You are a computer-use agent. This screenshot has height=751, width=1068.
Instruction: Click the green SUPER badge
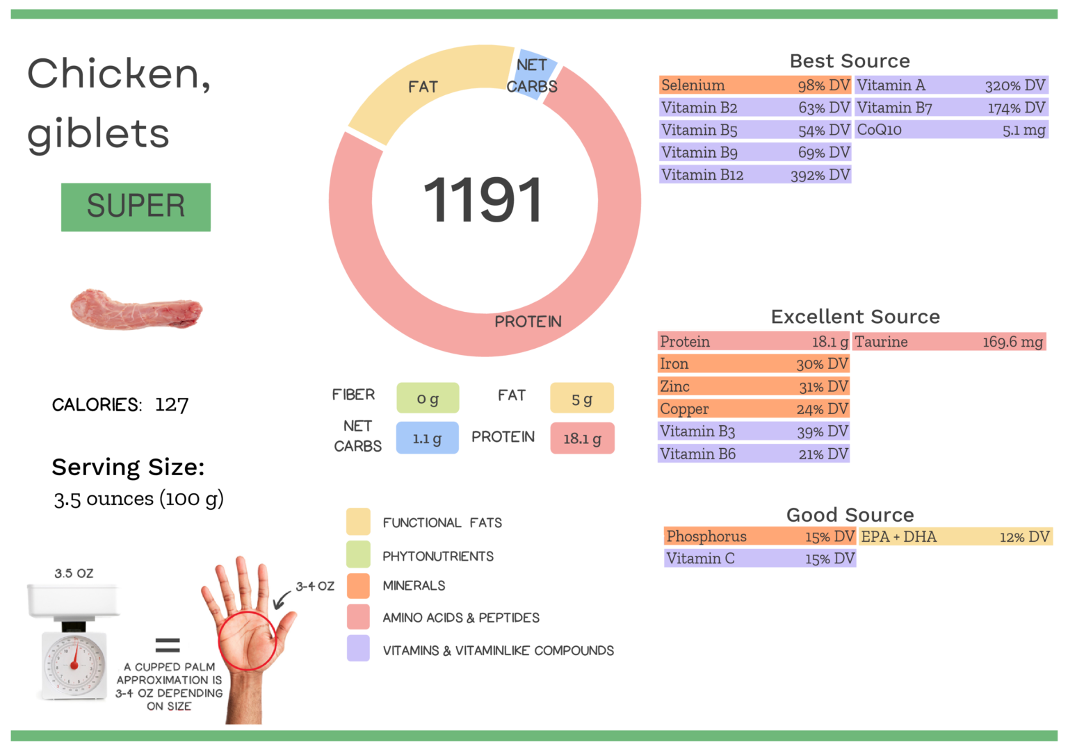coord(136,207)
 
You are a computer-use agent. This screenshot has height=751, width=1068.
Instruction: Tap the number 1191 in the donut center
coord(483,201)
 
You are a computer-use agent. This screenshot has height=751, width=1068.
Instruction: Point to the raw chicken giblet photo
coord(136,310)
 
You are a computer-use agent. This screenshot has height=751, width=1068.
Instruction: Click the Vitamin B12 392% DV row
coord(755,175)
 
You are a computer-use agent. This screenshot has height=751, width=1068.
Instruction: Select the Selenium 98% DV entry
coord(755,85)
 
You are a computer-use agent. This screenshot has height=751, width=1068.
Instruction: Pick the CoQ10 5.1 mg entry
coord(951,130)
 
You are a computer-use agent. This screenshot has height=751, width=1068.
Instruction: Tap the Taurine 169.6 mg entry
coord(949,342)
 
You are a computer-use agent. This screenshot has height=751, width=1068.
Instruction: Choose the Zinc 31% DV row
coord(754,386)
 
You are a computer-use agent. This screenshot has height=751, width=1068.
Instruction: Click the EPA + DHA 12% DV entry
coord(955,536)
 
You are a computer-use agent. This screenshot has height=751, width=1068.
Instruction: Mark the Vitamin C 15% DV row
coord(760,559)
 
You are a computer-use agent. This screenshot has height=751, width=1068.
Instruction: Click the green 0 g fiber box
coord(428,399)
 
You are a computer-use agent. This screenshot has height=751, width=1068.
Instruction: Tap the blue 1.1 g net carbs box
coord(427,438)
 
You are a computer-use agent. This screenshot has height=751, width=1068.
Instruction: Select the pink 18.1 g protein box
coord(582,438)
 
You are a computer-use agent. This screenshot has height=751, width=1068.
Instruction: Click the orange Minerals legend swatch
coord(358,586)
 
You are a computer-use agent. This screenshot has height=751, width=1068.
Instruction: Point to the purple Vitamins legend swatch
coord(358,649)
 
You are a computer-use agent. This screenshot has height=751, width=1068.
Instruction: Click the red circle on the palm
coord(248,641)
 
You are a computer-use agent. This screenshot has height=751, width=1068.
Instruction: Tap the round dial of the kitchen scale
coord(74,664)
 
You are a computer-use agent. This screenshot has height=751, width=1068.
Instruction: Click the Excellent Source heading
coord(855,317)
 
